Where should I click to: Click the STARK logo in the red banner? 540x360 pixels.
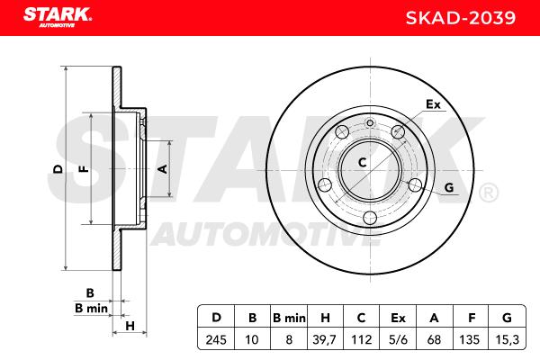click(x=58, y=17)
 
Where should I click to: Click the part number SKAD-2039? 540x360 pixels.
click(x=461, y=18)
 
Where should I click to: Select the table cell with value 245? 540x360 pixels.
click(x=216, y=339)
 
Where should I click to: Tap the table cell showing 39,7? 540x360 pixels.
click(x=324, y=339)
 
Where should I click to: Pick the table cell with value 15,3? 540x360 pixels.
click(x=508, y=339)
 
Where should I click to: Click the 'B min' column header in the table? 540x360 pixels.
click(x=289, y=317)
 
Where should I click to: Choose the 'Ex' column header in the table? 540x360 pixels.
click(x=398, y=317)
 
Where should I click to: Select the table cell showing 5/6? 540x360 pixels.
click(x=398, y=339)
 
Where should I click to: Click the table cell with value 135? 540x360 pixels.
click(x=471, y=339)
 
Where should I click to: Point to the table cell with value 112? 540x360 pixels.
click(x=361, y=339)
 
